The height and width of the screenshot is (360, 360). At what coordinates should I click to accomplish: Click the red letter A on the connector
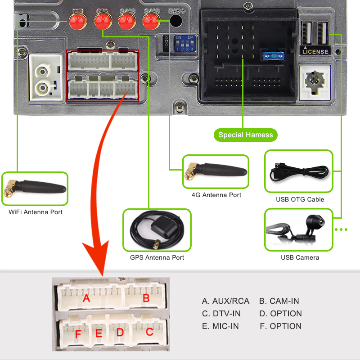click(86, 298)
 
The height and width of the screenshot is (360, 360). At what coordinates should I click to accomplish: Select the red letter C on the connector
click(149, 333)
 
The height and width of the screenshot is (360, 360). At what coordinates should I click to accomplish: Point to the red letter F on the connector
click(78, 334)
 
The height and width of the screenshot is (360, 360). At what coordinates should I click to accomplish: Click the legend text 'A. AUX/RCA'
click(225, 301)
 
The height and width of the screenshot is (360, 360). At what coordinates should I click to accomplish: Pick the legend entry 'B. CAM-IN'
click(279, 301)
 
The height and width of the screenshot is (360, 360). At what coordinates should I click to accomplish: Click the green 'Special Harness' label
click(245, 135)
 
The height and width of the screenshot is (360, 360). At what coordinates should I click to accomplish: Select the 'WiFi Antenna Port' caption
click(36, 212)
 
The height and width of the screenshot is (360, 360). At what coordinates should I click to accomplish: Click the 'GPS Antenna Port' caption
click(157, 257)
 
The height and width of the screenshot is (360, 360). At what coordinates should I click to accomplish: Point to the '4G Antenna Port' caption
click(216, 195)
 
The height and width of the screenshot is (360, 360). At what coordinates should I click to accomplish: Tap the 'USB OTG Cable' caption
click(300, 199)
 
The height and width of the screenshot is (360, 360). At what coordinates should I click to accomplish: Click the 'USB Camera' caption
click(300, 257)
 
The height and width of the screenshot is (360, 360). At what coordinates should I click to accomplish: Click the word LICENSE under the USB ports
click(315, 51)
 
